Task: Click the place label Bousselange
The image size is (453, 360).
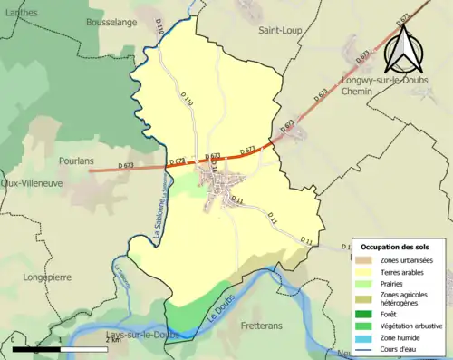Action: point(111,20)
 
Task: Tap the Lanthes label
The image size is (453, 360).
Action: point(21,11)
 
